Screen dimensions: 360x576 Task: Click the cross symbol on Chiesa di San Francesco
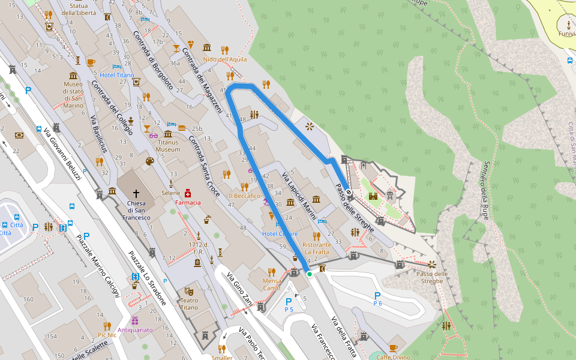pyautogui.click(x=136, y=194)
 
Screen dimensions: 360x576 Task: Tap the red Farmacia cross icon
pyautogui.click(x=188, y=194)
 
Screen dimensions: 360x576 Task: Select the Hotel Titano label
pyautogui.click(x=117, y=75)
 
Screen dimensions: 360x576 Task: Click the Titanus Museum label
pyautogui.click(x=168, y=146)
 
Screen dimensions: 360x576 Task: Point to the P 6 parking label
pyautogui.click(x=377, y=299)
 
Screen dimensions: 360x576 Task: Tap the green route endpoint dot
pyautogui.click(x=310, y=274)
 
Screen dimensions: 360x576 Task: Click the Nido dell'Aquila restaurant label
pyautogui.click(x=225, y=59)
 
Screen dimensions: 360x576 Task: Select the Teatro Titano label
pyautogui.click(x=189, y=304)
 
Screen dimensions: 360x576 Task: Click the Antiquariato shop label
pyautogui.click(x=135, y=329)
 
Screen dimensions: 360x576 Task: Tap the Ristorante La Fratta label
pyautogui.click(x=316, y=248)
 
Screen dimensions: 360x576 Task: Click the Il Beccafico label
pyautogui.click(x=244, y=196)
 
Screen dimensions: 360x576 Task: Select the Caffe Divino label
pyautogui.click(x=393, y=357)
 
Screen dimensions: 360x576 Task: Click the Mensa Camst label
pyautogui.click(x=272, y=284)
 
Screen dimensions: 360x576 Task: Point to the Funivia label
pyautogui.click(x=567, y=34)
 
